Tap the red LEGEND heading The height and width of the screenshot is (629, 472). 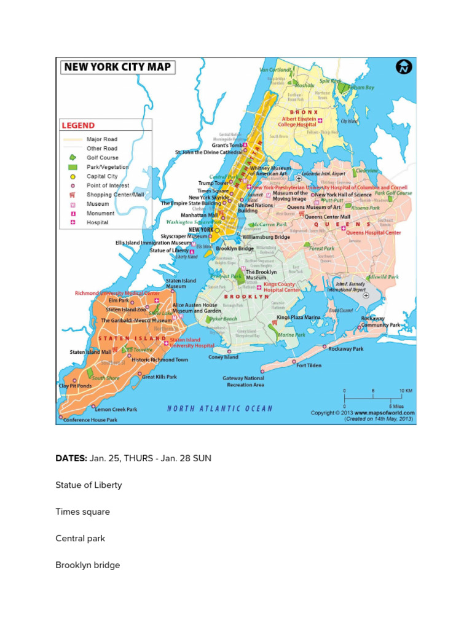tap(77, 125)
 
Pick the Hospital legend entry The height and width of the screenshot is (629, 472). tap(97, 222)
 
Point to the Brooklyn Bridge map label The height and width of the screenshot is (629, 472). tap(234, 249)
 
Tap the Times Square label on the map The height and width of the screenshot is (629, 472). tap(213, 191)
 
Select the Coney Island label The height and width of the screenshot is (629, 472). tap(223, 357)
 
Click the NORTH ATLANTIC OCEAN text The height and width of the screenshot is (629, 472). tap(220, 408)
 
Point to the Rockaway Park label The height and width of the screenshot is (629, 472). tap(346, 349)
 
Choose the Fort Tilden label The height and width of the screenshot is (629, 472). tap(309, 365)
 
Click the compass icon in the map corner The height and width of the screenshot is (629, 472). tap(404, 66)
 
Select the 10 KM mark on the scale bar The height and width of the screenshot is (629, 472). tap(406, 391)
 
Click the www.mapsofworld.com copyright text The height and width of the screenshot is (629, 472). tap(363, 413)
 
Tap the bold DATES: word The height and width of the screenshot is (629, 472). tap(71, 458)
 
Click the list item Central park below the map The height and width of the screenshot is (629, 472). tap(80, 538)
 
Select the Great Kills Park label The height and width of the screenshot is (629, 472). tap(159, 377)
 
